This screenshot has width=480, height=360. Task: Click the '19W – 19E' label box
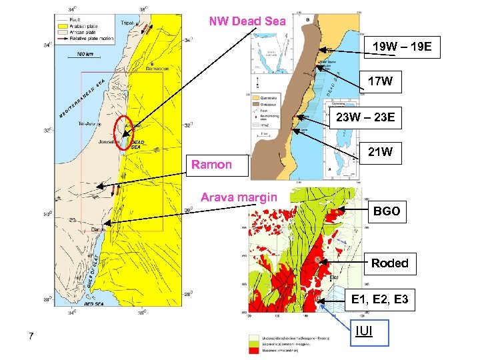(403, 47)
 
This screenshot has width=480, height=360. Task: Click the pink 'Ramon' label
(212, 165)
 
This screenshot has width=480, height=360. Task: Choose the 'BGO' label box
(387, 211)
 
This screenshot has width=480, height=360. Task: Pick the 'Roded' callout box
(390, 263)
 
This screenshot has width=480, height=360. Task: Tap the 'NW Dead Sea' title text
(247, 21)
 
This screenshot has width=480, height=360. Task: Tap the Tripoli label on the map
(127, 23)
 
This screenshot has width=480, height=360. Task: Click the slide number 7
(31, 335)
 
